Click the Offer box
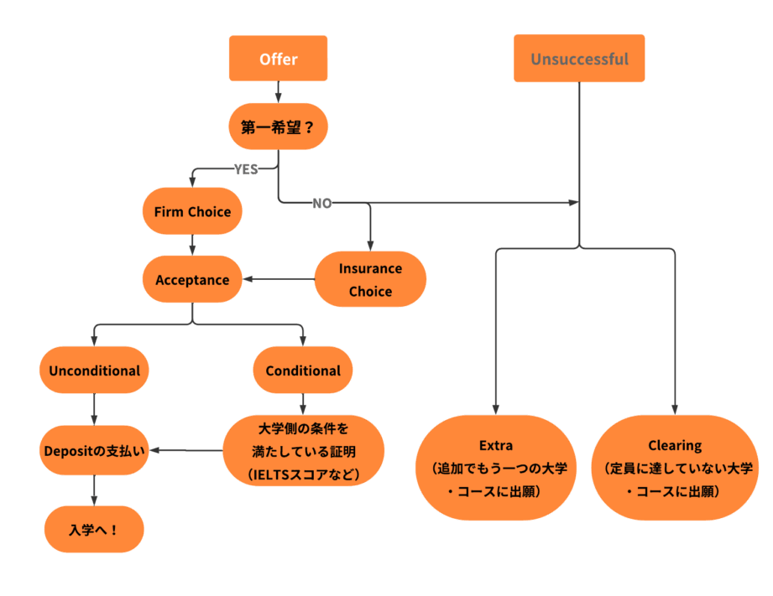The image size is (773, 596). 278,59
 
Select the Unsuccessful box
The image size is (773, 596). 579,59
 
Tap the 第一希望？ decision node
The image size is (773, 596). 278,127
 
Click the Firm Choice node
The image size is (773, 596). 192,211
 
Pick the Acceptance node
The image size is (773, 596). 192,280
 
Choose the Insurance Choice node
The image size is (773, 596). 370,280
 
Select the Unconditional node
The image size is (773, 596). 94,371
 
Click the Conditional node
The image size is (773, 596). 303,371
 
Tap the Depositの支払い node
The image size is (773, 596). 94,450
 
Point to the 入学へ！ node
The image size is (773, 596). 94,530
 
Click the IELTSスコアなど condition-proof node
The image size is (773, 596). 303,451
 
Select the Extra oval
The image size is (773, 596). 496,468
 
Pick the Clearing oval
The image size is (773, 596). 675,468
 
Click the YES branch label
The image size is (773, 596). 246,169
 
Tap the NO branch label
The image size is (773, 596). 322,204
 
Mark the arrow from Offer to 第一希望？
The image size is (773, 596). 278,92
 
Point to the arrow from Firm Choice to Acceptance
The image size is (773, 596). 192,245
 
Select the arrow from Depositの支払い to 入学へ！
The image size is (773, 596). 94,490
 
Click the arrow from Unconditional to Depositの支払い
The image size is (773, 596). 94,410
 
